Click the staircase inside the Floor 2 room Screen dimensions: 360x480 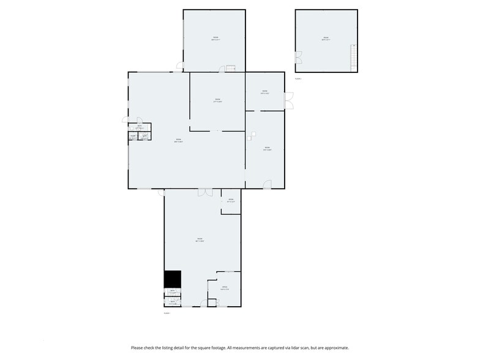click(353, 58)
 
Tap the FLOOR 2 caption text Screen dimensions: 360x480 click(298, 79)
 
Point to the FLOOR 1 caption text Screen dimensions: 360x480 click(166, 313)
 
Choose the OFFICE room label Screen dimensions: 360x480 click(225, 287)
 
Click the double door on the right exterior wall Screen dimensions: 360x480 click(288, 100)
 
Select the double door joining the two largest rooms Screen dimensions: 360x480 click(204, 192)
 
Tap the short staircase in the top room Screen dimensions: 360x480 click(231, 68)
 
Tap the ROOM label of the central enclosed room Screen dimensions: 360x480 click(217, 100)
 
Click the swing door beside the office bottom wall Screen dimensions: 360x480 click(212, 302)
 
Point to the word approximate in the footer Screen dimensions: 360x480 click(336, 348)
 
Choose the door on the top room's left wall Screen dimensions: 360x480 click(179, 65)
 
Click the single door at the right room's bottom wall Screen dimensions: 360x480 click(268, 184)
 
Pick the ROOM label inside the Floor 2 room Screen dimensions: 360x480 click(326, 38)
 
